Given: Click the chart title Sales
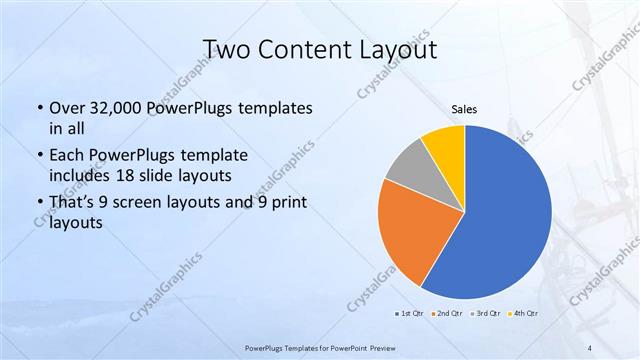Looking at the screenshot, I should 464,109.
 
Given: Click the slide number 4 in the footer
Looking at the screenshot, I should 590,348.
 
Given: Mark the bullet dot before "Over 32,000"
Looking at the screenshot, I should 39,108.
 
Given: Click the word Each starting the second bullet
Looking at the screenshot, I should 66,156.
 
